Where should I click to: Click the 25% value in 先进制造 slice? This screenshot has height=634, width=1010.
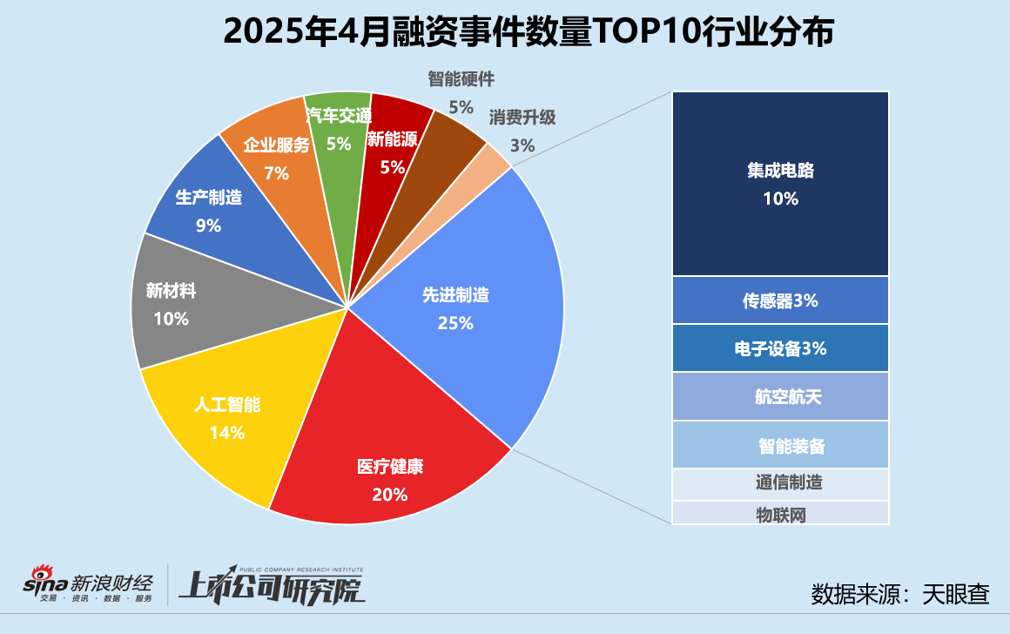pyautogui.click(x=455, y=323)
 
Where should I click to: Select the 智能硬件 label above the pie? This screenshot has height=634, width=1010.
pyautogui.click(x=461, y=79)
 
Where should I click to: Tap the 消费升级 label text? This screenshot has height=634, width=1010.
pyautogui.click(x=522, y=117)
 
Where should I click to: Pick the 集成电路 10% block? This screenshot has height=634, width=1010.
pyautogui.click(x=780, y=183)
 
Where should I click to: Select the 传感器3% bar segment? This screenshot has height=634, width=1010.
pyautogui.click(x=780, y=300)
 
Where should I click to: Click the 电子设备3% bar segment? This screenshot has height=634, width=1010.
pyautogui.click(x=780, y=348)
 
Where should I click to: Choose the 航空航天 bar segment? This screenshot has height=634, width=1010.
pyautogui.click(x=780, y=397)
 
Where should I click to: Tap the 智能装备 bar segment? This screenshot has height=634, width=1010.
pyautogui.click(x=780, y=446)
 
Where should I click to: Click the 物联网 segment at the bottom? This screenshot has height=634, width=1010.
pyautogui.click(x=780, y=514)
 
